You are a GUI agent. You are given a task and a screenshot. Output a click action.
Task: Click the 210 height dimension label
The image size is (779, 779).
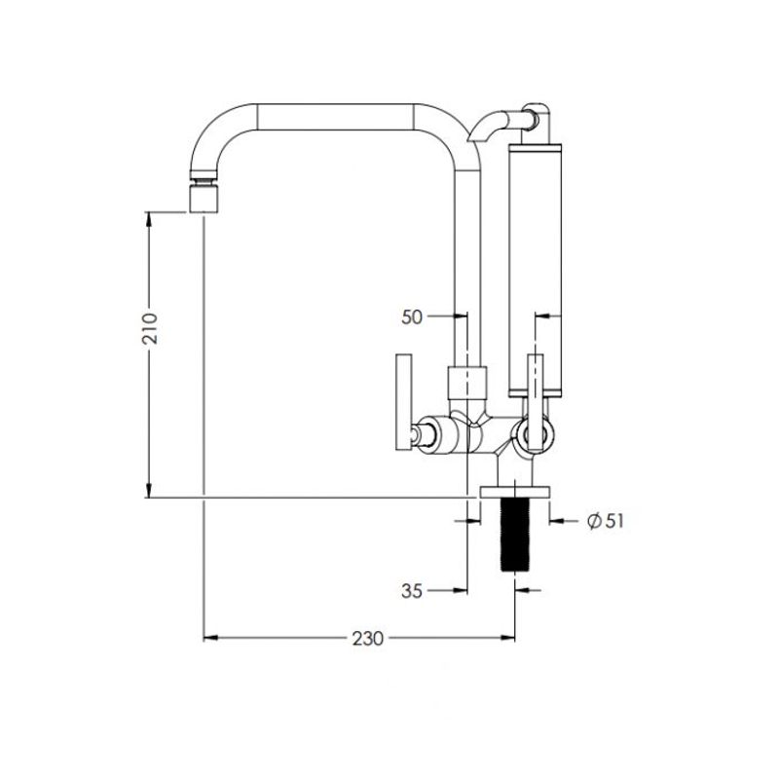coord(150,328)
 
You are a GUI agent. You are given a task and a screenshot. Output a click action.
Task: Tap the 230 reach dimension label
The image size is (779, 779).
coord(368,639)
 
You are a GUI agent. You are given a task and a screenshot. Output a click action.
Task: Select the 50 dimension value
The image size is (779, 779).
coord(412,317)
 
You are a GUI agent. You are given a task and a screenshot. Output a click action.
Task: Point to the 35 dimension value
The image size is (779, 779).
coord(412,591)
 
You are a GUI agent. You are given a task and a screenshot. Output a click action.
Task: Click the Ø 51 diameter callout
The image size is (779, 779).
coord(605,521)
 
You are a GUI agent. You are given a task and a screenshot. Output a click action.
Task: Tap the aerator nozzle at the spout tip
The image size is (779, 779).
coord(204,196)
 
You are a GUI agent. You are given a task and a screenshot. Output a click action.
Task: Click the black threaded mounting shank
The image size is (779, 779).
coord(515,535)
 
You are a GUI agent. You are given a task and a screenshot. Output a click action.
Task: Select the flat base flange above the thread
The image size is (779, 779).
coord(515,493)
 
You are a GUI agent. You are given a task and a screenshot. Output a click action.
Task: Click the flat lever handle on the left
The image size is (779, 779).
coord(404,402)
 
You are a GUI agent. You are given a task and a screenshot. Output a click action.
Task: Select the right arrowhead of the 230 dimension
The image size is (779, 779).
coord(507,638)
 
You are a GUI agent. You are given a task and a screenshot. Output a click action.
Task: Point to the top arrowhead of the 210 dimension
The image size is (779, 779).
coord(149,219)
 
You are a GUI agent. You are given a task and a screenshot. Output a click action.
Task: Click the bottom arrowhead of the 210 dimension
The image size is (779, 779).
coord(149,490)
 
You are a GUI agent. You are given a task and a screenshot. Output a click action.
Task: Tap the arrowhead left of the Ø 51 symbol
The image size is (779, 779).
coord(557,521)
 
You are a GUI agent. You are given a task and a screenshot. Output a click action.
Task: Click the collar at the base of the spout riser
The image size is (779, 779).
coord(467,383)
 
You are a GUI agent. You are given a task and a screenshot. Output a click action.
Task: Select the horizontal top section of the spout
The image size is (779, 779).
coord(335,117)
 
